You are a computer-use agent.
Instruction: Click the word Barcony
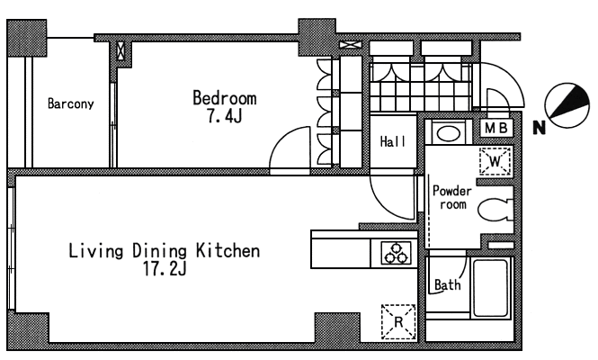click(x=70, y=103)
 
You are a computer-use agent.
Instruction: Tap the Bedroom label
click(x=224, y=98)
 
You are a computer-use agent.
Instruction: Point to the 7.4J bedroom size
click(x=224, y=116)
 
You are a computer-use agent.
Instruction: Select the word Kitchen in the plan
click(x=228, y=251)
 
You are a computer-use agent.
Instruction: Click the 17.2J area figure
click(x=165, y=269)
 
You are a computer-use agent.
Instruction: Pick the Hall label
click(x=393, y=141)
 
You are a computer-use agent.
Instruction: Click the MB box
click(x=495, y=129)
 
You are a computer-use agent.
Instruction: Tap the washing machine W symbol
click(x=495, y=161)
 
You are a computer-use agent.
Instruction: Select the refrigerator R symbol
click(x=398, y=322)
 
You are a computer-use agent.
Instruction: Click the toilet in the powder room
click(x=495, y=210)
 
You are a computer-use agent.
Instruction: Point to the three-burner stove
click(x=396, y=253)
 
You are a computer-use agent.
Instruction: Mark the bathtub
click(x=491, y=288)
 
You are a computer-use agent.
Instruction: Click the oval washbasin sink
click(x=449, y=133)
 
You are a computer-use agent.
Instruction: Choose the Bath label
click(x=447, y=284)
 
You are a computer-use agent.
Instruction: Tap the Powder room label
click(x=452, y=197)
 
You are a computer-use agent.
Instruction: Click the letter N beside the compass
click(x=539, y=128)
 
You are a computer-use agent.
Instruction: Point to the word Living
click(x=96, y=251)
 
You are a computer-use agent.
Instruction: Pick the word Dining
click(x=159, y=251)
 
